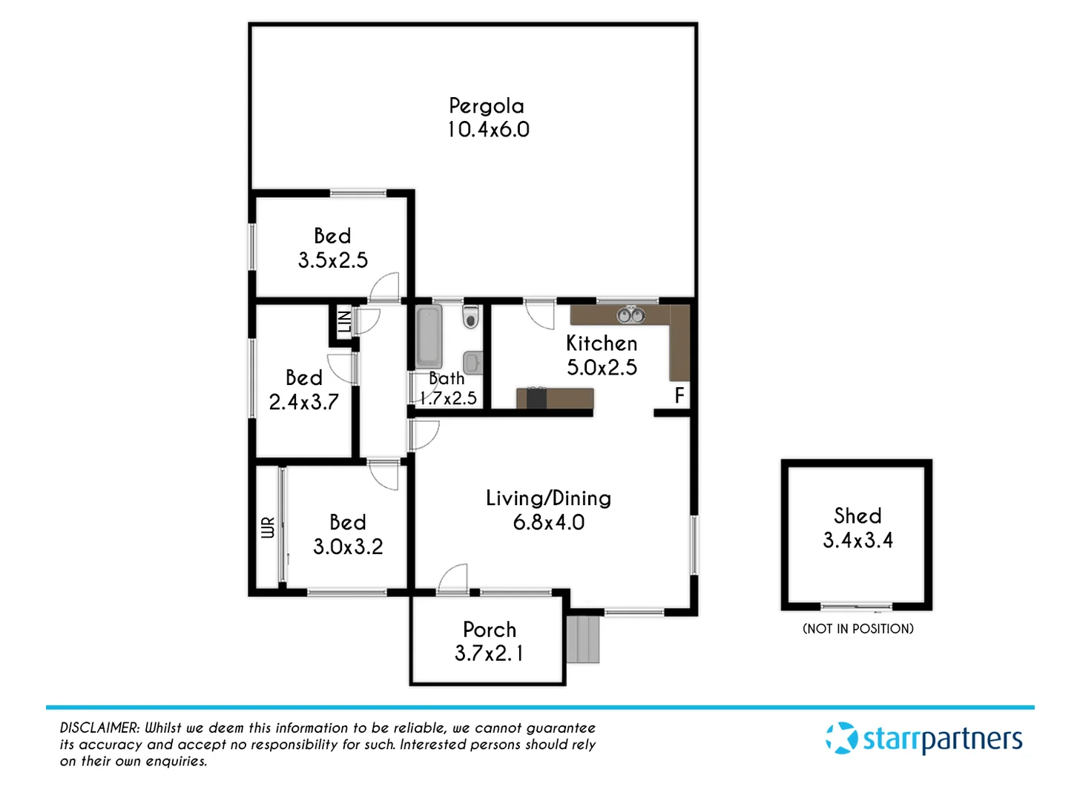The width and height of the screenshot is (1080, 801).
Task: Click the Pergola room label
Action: coord(487,106)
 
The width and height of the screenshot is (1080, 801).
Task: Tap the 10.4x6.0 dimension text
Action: coord(488,130)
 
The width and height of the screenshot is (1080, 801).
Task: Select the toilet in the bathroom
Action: coord(470,317)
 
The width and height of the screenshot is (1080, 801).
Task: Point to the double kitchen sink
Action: coord(630,315)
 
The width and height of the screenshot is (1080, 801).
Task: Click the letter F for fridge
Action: coord(679,395)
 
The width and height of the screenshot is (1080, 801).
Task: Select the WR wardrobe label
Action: coord(268,527)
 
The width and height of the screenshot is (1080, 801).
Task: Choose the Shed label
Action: coord(857,515)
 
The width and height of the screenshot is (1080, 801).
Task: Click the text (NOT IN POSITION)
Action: coord(857,629)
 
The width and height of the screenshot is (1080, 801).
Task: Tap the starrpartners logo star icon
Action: coord(841,739)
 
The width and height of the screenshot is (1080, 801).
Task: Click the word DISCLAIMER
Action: coord(99,728)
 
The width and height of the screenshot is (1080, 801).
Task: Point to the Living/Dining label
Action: coord(548,498)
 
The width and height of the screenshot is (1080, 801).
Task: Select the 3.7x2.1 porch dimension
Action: coord(489,653)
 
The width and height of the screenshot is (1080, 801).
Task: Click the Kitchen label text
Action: coord(602,343)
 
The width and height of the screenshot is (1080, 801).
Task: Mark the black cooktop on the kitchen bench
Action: coord(536,398)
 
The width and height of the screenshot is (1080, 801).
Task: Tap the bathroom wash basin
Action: coord(472,362)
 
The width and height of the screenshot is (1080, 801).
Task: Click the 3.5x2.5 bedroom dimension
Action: coord(332,260)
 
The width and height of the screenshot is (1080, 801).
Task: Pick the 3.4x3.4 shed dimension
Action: coord(857,540)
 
